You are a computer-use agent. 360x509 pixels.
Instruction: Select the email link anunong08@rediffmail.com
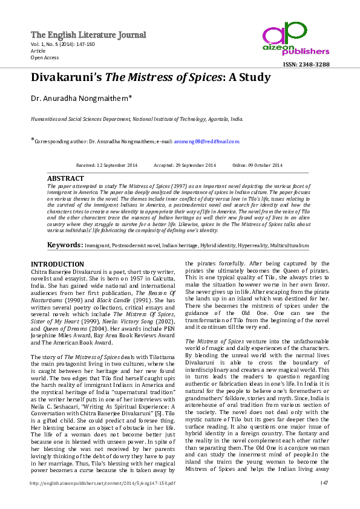pyautogui.click(x=207, y=141)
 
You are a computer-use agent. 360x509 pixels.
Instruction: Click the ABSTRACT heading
pyautogui.click(x=65, y=179)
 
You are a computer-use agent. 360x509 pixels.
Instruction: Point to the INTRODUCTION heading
pyautogui.click(x=57, y=264)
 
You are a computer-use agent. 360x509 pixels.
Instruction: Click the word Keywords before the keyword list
pyautogui.click(x=65, y=245)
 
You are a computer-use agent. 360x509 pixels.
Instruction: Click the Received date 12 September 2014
pyautogui.click(x=106, y=165)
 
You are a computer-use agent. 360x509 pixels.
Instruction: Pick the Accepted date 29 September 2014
pyautogui.click(x=185, y=165)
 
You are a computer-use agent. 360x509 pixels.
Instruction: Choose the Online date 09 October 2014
pyautogui.click(x=257, y=165)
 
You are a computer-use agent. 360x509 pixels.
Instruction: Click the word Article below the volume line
pyautogui.click(x=38, y=51)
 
